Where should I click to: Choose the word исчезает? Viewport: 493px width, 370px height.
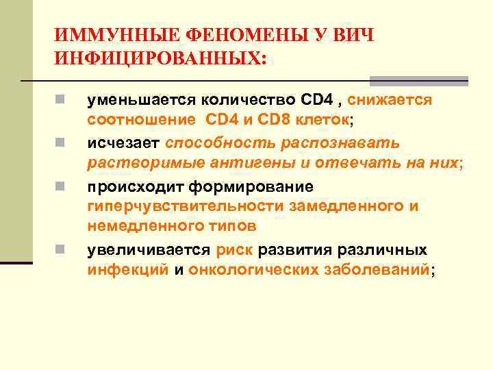point(123,143)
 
